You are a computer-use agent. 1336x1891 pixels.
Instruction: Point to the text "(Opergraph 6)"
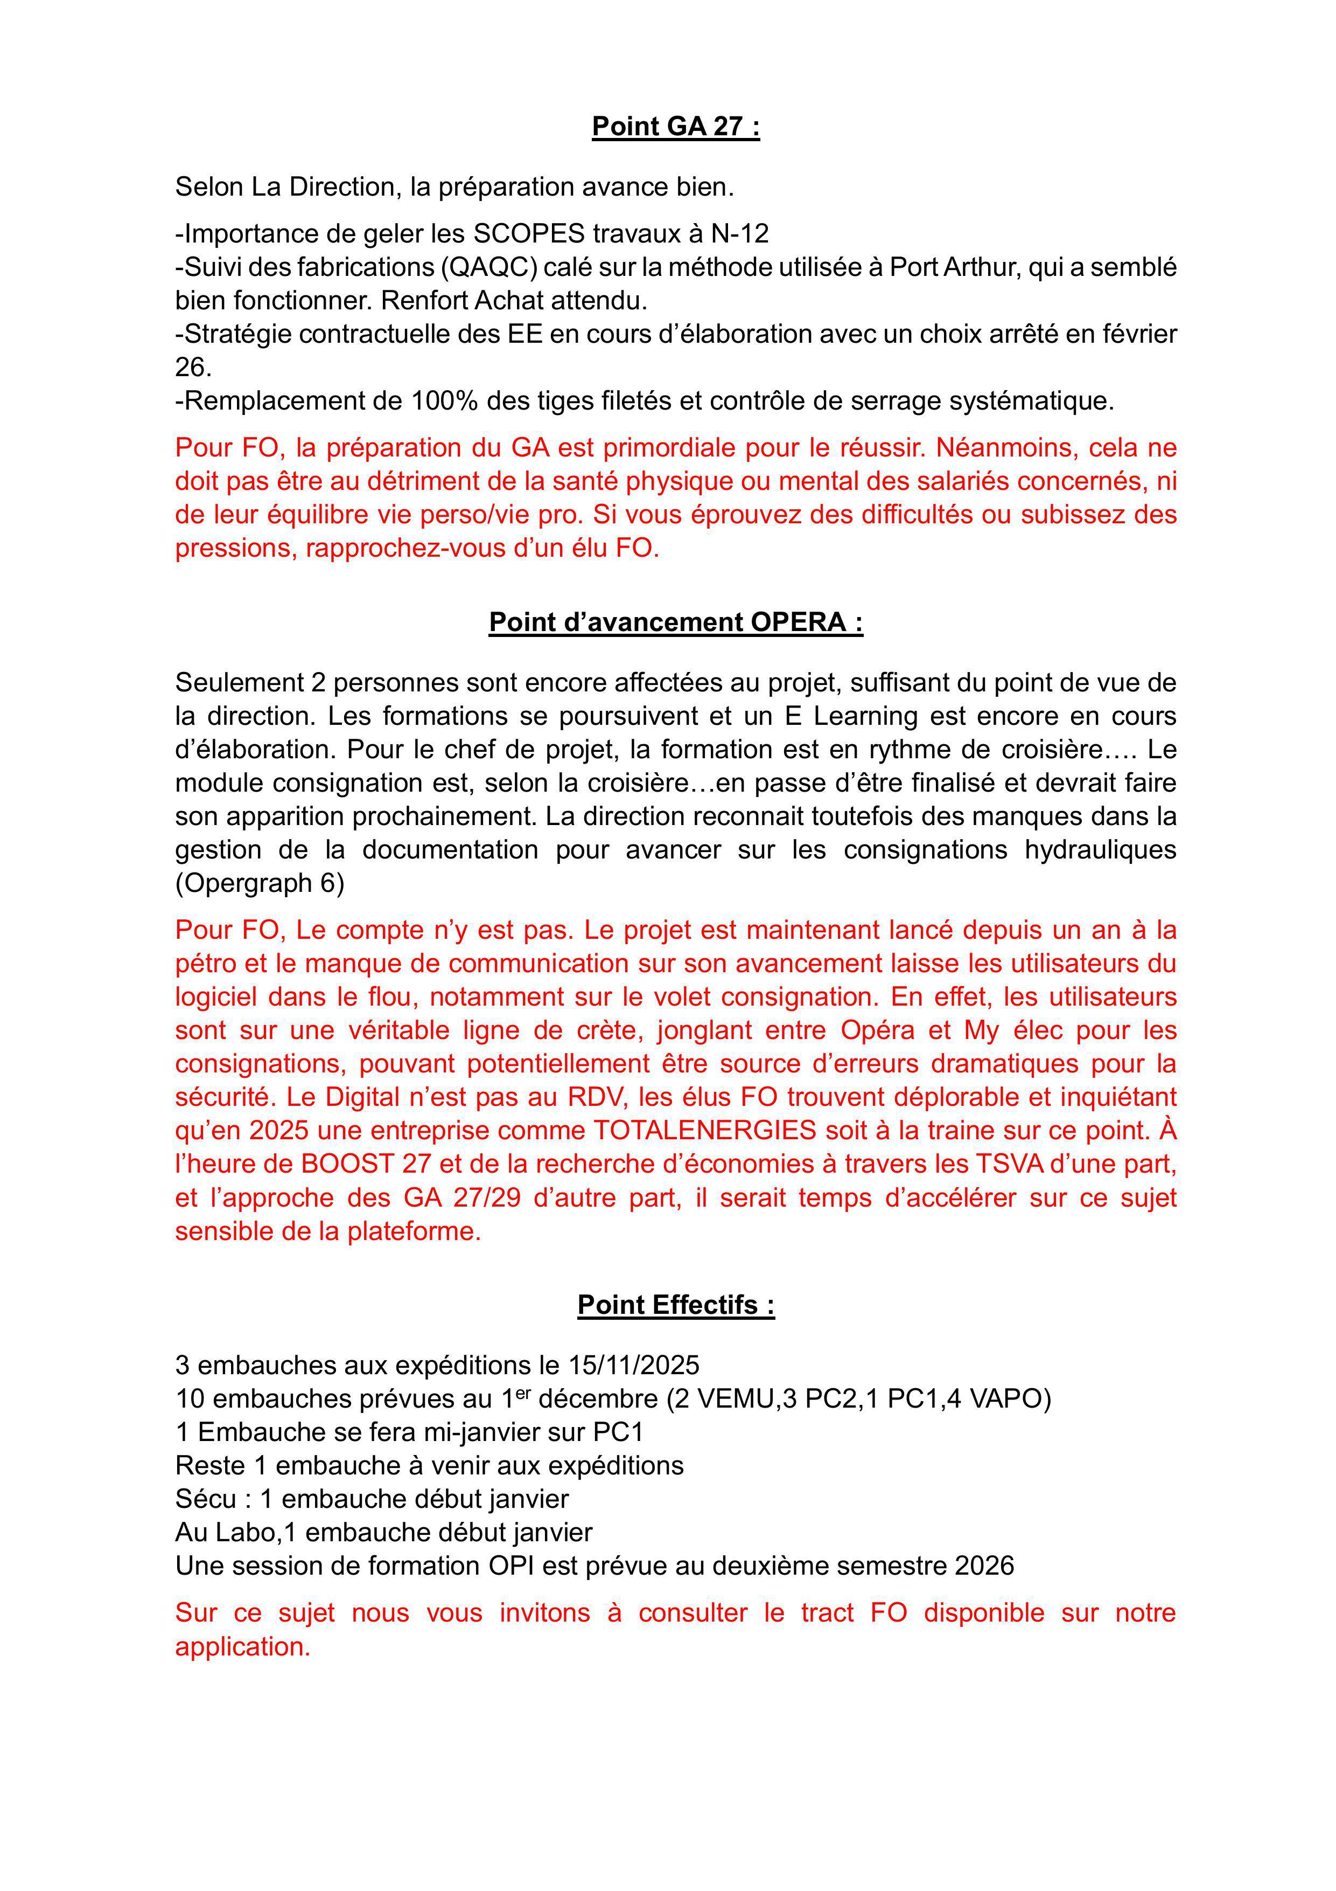click(x=260, y=883)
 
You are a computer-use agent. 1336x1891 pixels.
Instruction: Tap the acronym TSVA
click(x=1013, y=1164)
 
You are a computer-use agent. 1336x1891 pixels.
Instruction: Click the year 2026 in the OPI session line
click(x=984, y=1565)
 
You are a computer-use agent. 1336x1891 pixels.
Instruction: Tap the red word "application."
click(x=243, y=1646)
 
